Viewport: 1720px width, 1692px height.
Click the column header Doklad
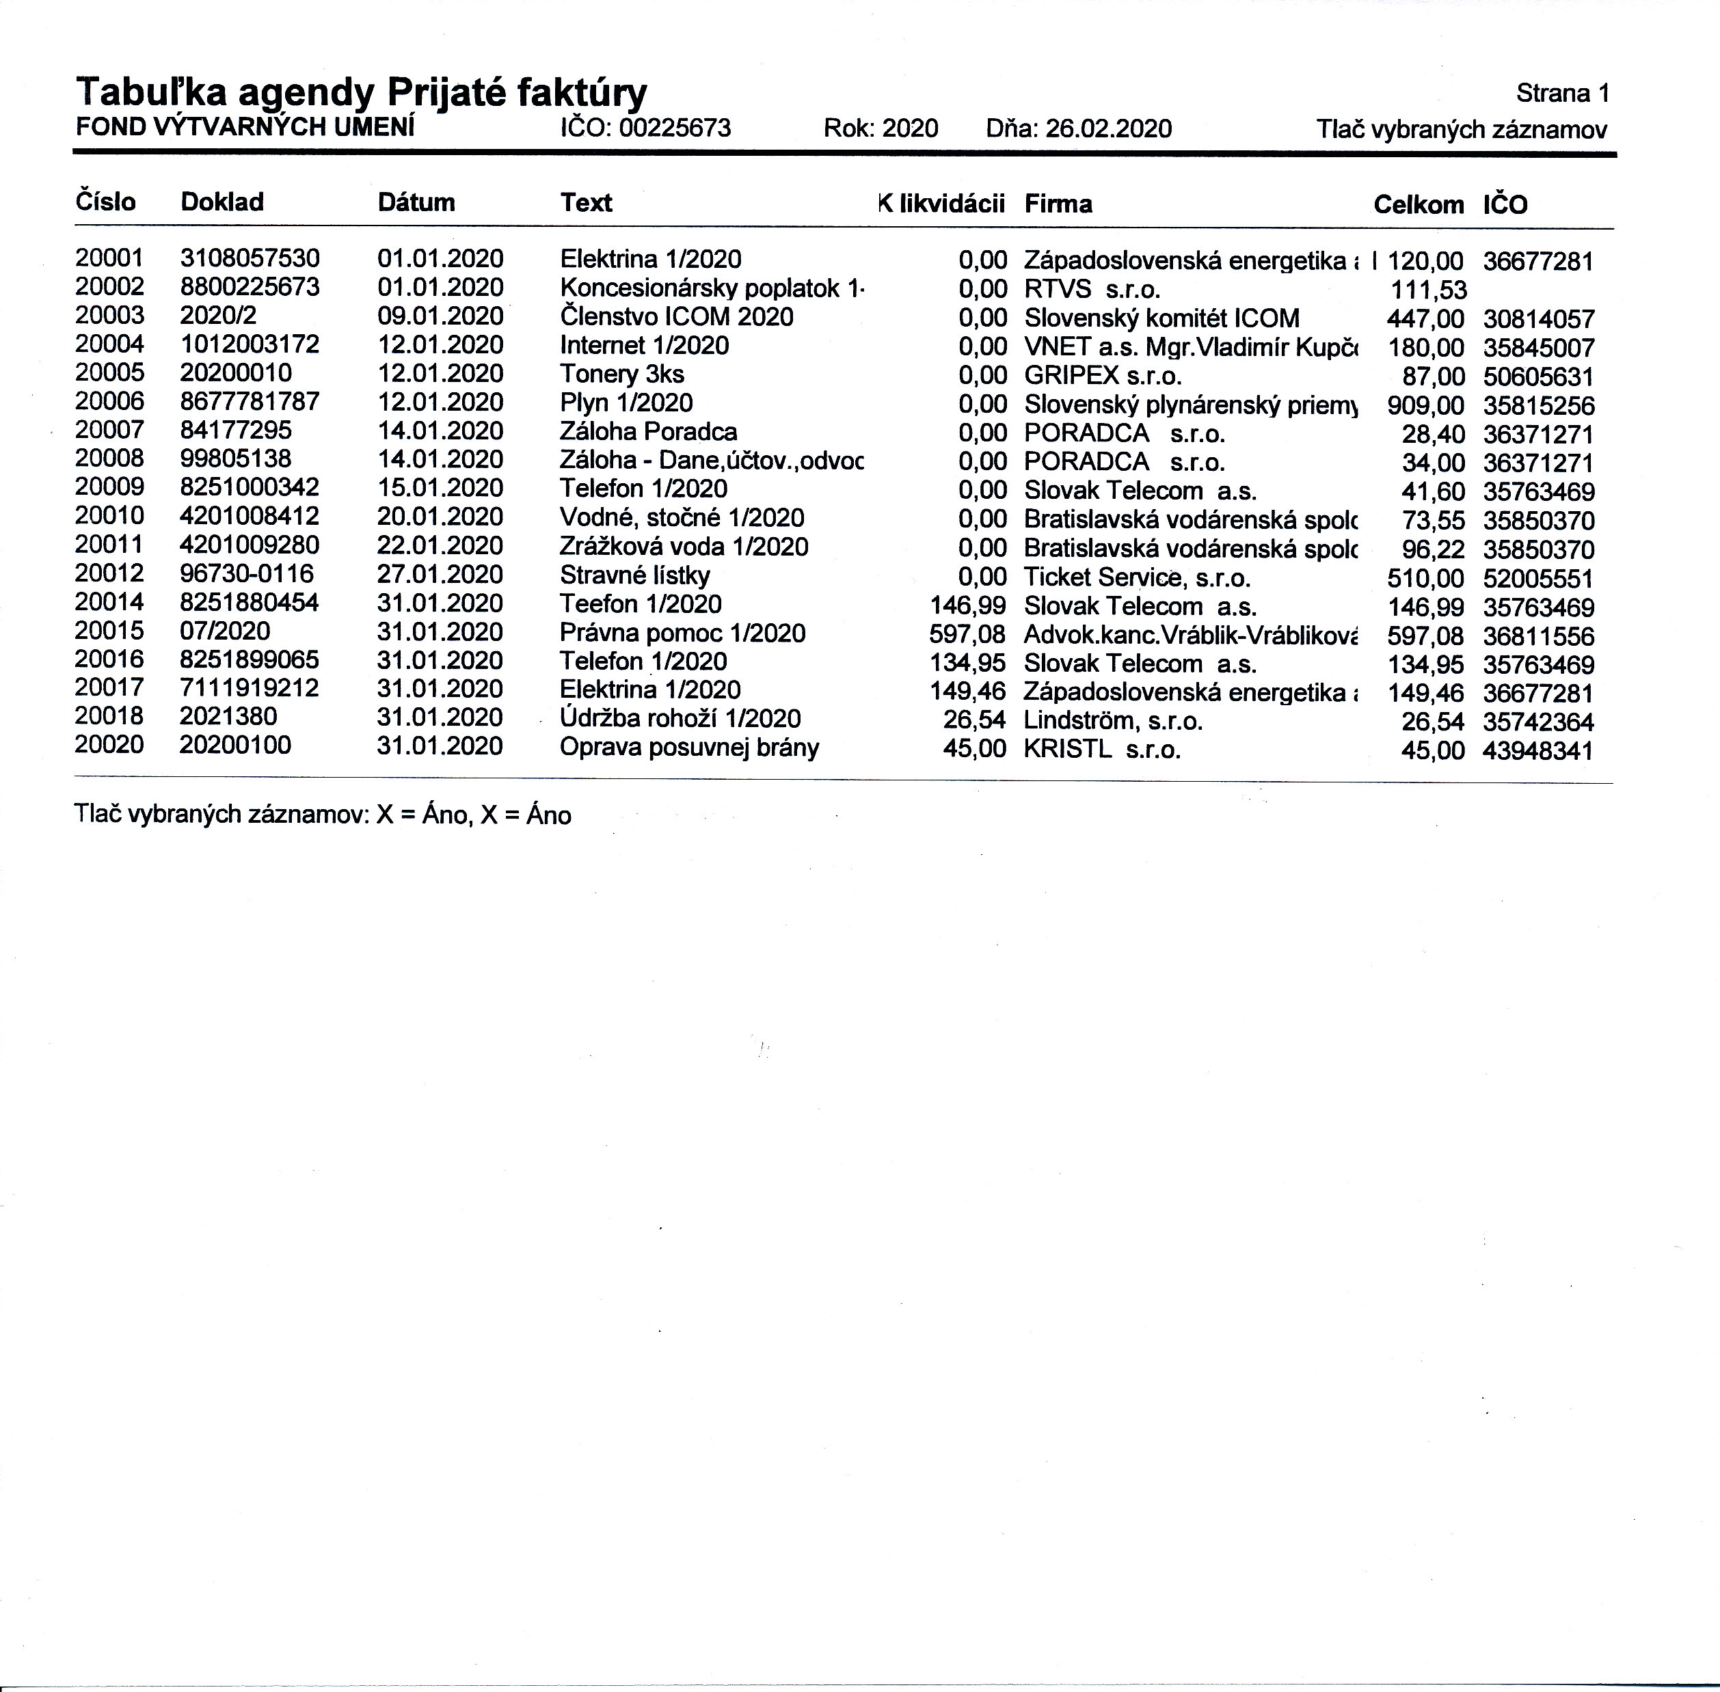[222, 202]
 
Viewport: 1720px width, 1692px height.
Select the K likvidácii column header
[941, 204]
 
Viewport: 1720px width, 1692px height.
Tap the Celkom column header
[1418, 205]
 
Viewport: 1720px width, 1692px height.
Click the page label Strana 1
[1563, 94]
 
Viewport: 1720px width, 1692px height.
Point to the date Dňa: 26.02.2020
[1078, 129]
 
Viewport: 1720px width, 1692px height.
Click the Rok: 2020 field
[880, 129]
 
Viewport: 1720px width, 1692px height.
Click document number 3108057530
[250, 258]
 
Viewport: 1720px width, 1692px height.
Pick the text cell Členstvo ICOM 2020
[676, 316]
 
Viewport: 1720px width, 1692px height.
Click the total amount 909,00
[1425, 405]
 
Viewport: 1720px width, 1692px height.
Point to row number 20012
[109, 574]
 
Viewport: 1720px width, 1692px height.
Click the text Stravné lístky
[634, 576]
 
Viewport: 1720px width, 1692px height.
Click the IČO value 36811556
[1537, 636]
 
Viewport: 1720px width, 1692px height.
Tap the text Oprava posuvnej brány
[689, 748]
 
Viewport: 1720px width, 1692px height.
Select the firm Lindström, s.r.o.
[1113, 721]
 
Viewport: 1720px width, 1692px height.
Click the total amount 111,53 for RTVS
[1429, 290]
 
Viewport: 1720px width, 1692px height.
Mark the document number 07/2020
[225, 631]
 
